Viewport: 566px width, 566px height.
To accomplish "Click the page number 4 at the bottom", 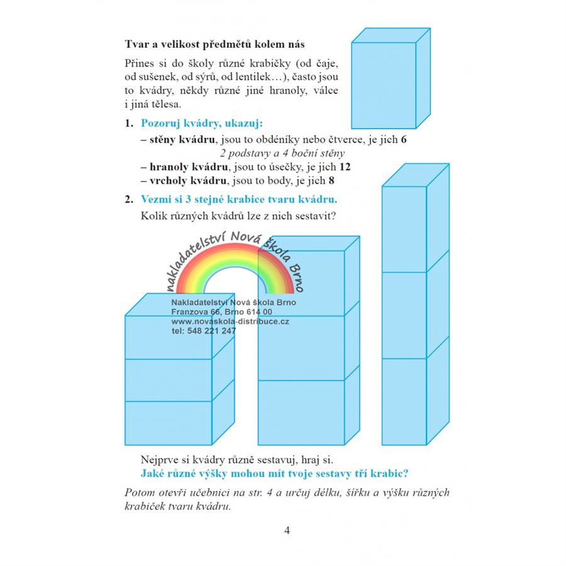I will pyautogui.click(x=287, y=530).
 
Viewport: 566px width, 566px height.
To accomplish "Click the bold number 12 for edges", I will pyautogui.click(x=344, y=167).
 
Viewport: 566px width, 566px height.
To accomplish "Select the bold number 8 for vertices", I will pyautogui.click(x=331, y=181).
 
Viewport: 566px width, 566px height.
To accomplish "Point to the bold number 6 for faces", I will pyautogui.click(x=403, y=140).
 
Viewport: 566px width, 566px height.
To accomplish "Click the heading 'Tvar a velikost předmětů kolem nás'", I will pyautogui.click(x=215, y=45).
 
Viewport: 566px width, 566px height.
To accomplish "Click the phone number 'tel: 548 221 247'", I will pyautogui.click(x=203, y=331).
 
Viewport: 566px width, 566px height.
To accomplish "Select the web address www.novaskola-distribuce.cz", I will pyautogui.click(x=230, y=321).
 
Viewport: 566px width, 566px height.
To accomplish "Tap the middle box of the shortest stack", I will pyautogui.click(x=168, y=380).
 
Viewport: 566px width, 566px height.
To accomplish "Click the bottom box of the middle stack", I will pyautogui.click(x=301, y=412).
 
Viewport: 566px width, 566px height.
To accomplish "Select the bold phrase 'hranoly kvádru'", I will pyautogui.click(x=188, y=167).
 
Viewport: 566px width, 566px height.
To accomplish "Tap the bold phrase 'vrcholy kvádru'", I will pyautogui.click(x=187, y=181).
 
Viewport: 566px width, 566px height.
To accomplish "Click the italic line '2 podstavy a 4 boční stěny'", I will pyautogui.click(x=282, y=153).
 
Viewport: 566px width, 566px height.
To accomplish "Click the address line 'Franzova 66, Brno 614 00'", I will pyautogui.click(x=221, y=311).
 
